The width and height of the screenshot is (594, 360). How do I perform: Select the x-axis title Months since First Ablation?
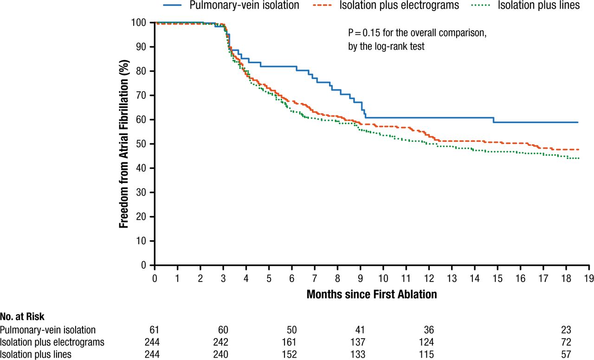tap(372, 294)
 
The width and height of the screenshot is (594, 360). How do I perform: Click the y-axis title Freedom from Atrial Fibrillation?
tap(124, 143)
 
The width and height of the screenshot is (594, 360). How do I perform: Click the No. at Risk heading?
tap(22, 317)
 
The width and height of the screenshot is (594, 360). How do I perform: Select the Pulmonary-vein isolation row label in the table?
tap(48, 330)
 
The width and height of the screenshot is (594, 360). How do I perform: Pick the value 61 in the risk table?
tap(155, 330)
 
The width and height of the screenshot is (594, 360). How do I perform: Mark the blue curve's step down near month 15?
tap(494, 120)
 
